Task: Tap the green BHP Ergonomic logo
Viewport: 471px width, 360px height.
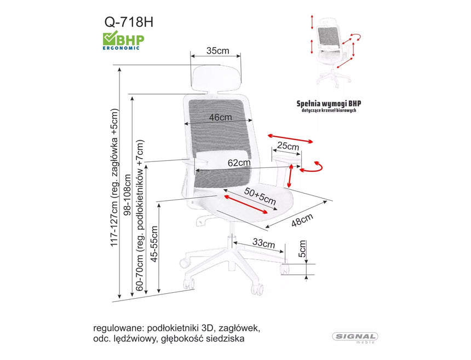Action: pos(121,40)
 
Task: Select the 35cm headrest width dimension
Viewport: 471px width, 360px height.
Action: pos(217,51)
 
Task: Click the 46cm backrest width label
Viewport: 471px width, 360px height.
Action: pos(220,117)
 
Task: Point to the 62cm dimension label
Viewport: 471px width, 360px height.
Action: pos(239,162)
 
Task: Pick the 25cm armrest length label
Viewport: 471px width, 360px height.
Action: pos(288,147)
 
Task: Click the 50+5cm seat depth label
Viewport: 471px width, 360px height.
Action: pos(260,195)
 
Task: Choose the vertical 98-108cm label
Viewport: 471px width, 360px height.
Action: pos(128,200)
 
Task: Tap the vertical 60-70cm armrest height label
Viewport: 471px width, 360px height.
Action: pos(141,215)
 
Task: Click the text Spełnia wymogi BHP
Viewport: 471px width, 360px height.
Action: pos(329,103)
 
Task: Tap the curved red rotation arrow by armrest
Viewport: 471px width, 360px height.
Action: pos(313,167)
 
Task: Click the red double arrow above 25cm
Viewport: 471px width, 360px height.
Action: pos(290,138)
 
